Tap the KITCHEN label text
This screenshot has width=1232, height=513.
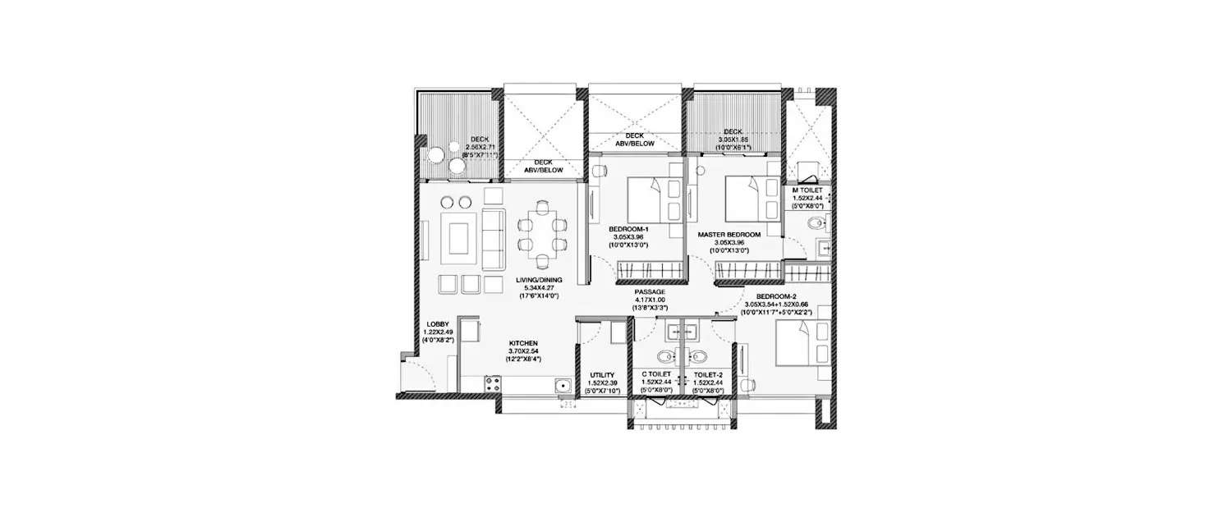[x=524, y=342]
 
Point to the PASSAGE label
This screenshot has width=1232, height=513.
[x=649, y=291]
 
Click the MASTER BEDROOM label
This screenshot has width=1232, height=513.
[x=729, y=235]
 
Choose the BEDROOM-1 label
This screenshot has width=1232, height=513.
[x=629, y=229]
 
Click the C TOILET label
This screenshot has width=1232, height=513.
[x=657, y=374]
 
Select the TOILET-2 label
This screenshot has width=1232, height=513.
[x=708, y=374]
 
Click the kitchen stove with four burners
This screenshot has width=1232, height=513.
[x=493, y=382]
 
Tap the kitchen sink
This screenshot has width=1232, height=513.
[x=563, y=385]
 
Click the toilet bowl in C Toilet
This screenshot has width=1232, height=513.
[x=664, y=357]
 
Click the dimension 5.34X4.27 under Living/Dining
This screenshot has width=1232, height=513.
[x=539, y=289]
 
